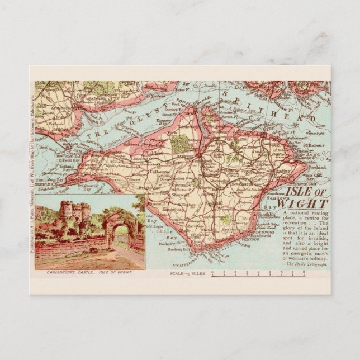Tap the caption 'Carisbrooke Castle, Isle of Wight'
tap(89, 272)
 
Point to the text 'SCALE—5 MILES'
tap(188, 274)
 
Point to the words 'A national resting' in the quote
tap(304, 214)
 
